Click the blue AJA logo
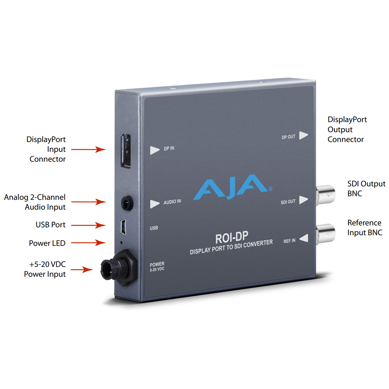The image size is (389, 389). [232, 187]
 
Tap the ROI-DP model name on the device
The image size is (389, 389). [232, 238]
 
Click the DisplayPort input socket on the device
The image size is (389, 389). [126, 150]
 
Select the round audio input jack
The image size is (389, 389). [127, 203]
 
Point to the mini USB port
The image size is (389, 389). [123, 227]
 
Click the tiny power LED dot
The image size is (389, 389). [121, 243]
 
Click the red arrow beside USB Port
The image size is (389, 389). [88, 225]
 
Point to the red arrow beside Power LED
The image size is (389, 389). [88, 243]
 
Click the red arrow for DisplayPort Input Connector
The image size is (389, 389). [88, 149]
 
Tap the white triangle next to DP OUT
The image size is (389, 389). [303, 135]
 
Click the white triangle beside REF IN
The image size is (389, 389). [304, 238]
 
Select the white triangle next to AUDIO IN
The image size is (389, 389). [155, 203]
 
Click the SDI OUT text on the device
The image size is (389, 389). [288, 202]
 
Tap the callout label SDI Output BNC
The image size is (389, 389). [366, 188]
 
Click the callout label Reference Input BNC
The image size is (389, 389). [364, 228]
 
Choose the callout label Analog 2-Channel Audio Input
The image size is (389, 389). [35, 202]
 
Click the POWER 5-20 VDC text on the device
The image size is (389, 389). [157, 267]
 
